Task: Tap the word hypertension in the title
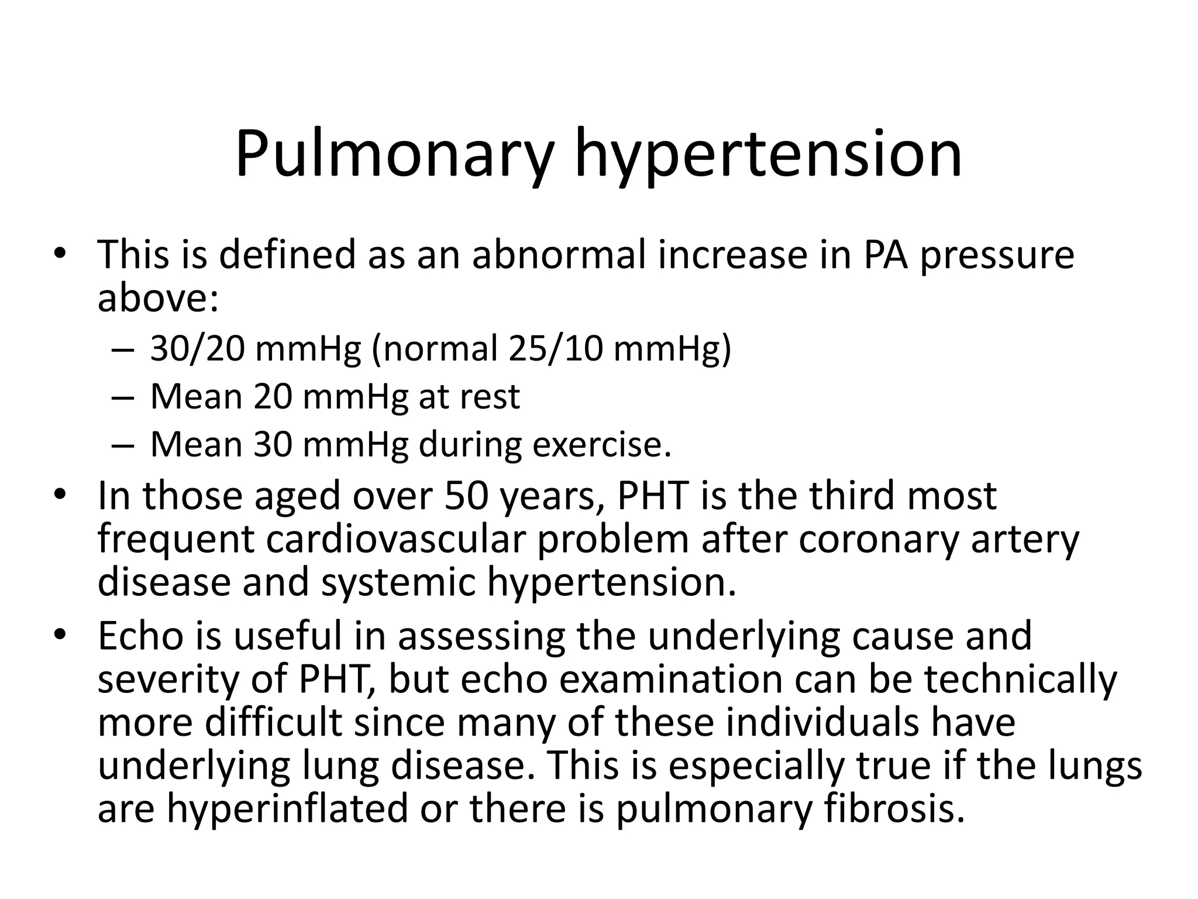coord(768,154)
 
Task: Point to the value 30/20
coord(197,349)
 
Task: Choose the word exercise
coord(601,445)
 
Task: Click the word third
coord(852,496)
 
